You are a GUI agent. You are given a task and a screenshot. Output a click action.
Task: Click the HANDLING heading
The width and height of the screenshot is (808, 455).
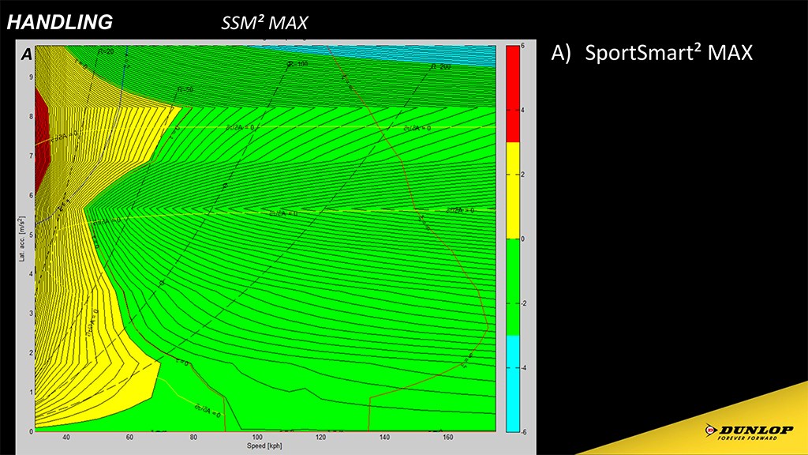pos(59,23)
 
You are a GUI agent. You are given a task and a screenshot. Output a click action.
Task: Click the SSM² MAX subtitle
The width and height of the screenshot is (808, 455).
pos(264,24)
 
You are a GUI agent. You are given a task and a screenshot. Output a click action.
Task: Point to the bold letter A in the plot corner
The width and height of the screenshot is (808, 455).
pos(26,55)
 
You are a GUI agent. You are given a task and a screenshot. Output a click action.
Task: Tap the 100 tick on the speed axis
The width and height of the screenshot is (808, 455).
pos(257,438)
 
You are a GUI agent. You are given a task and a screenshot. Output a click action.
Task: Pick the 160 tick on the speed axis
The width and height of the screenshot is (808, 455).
pos(448,438)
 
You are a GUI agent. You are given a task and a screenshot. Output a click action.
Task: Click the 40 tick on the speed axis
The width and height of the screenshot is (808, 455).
pos(66,438)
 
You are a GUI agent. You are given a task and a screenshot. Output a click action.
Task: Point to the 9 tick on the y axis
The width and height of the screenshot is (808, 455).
pos(31,77)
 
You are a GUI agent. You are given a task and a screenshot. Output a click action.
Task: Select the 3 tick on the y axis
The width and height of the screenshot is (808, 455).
pos(31,314)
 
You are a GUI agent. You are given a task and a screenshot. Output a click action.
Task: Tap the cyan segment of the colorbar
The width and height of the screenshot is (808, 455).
pos(513,383)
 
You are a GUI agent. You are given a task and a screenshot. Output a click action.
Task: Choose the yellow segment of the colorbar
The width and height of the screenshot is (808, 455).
pos(513,190)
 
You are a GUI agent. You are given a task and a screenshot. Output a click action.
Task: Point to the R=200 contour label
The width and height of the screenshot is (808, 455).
pos(440,67)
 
